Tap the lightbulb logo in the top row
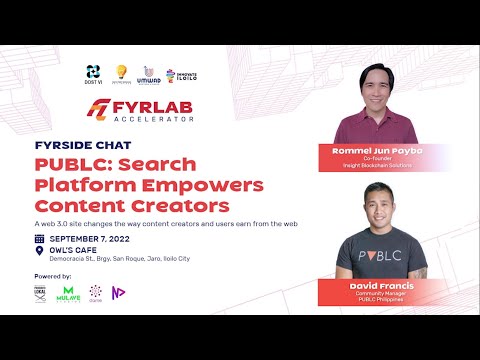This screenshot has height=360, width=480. [122, 71]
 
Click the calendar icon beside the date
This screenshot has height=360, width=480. [39, 239]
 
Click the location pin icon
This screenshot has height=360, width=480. [39, 253]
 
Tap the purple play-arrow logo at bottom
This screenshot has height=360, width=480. [120, 292]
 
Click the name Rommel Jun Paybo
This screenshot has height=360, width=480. [370, 151]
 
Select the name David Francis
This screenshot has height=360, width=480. [369, 285]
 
